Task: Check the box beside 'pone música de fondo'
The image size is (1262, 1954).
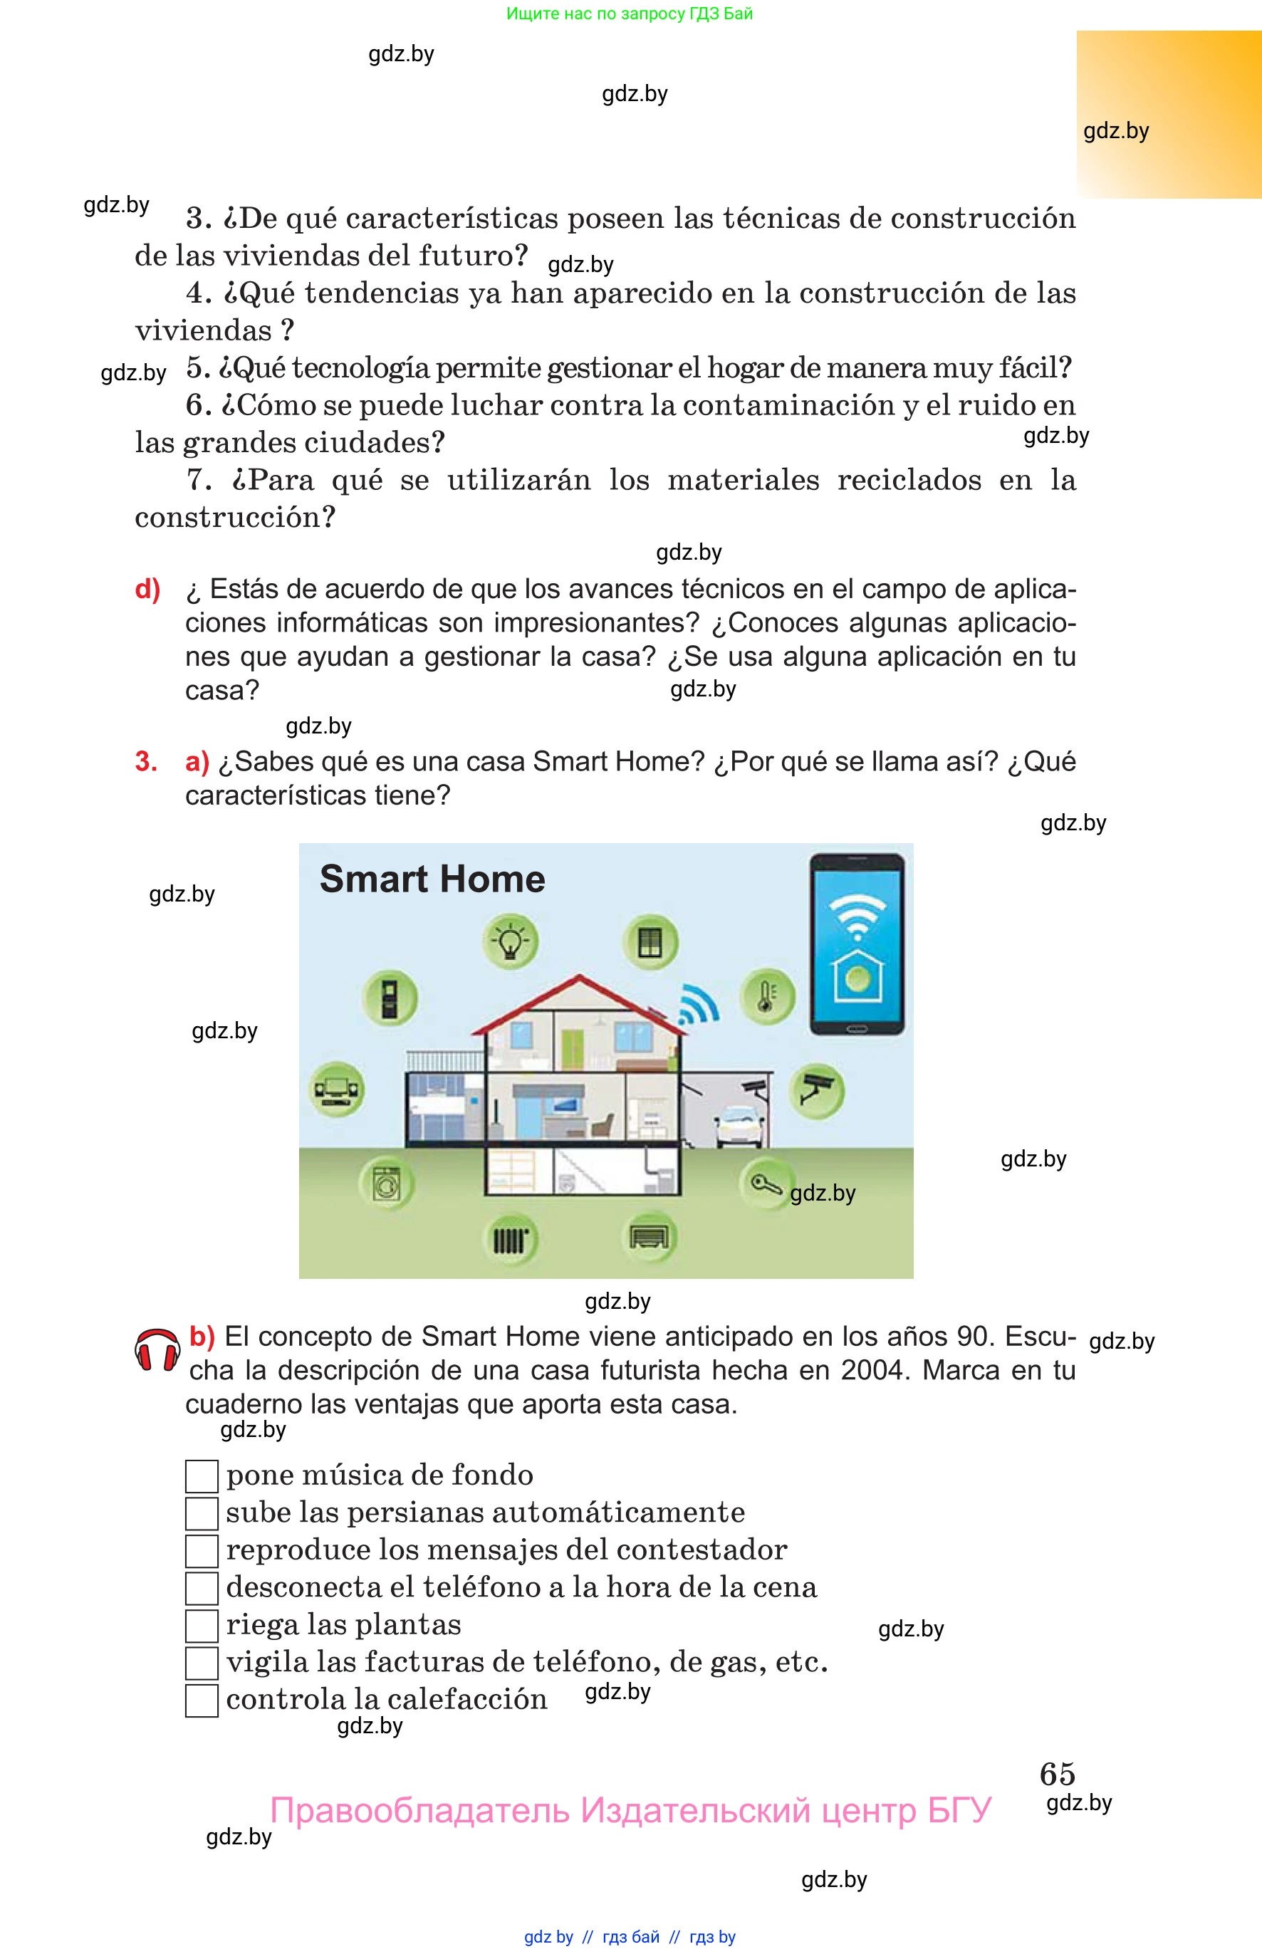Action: [x=202, y=1475]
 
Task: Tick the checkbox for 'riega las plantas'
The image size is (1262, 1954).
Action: [x=202, y=1626]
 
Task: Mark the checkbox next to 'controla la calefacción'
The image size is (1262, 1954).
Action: [x=202, y=1700]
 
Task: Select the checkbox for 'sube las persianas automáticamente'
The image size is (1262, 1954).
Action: [x=202, y=1513]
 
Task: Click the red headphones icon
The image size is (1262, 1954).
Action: [x=157, y=1349]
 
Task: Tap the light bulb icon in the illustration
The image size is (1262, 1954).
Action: [x=511, y=941]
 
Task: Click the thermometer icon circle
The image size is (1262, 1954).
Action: [x=767, y=996]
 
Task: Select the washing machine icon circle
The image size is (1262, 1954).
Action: [x=387, y=1183]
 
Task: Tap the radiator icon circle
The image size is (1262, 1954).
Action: [x=511, y=1240]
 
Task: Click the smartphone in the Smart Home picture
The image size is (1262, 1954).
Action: [x=857, y=944]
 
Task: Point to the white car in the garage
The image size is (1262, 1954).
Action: [x=741, y=1126]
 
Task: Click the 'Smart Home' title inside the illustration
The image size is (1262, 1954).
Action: [x=433, y=879]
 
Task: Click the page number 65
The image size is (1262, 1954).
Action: [x=1057, y=1774]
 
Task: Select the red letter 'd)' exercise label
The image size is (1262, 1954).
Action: [x=147, y=589]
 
